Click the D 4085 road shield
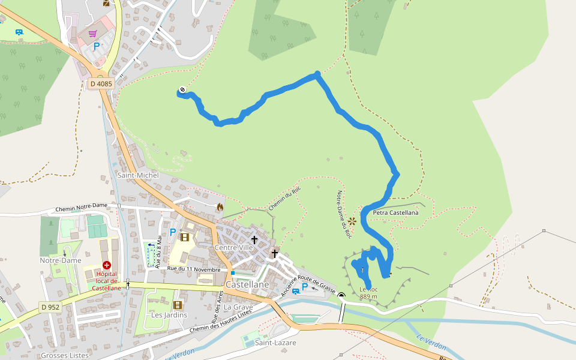point(101,84)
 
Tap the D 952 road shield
point(50,307)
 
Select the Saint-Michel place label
point(138,175)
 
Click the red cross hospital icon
point(107,265)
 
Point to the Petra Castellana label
point(395,212)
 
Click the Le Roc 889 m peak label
point(368,293)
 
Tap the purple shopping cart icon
point(92,34)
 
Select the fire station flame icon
point(220,207)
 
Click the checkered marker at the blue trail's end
point(182,91)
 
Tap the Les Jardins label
point(169,315)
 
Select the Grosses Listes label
point(65,355)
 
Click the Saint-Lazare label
point(275,343)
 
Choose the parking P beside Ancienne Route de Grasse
point(304,287)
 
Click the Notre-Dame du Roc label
point(343,215)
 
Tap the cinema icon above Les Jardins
point(178,305)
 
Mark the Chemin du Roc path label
point(284,197)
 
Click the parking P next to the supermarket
point(97,46)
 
